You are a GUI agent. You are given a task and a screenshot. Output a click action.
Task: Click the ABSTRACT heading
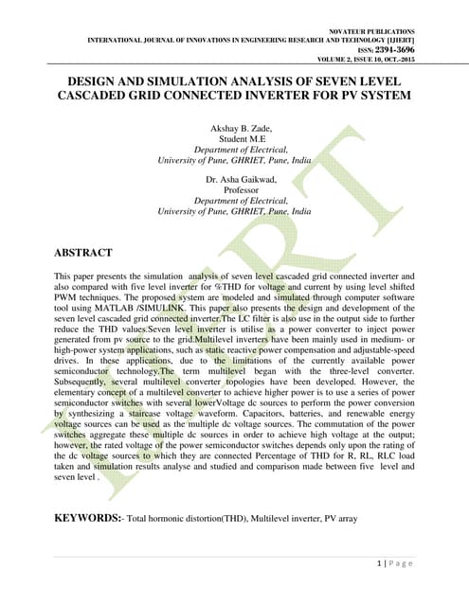(x=84, y=253)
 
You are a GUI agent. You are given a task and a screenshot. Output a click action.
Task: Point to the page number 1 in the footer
(x=380, y=562)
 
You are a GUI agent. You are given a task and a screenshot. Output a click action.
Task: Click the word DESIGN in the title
(x=92, y=81)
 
